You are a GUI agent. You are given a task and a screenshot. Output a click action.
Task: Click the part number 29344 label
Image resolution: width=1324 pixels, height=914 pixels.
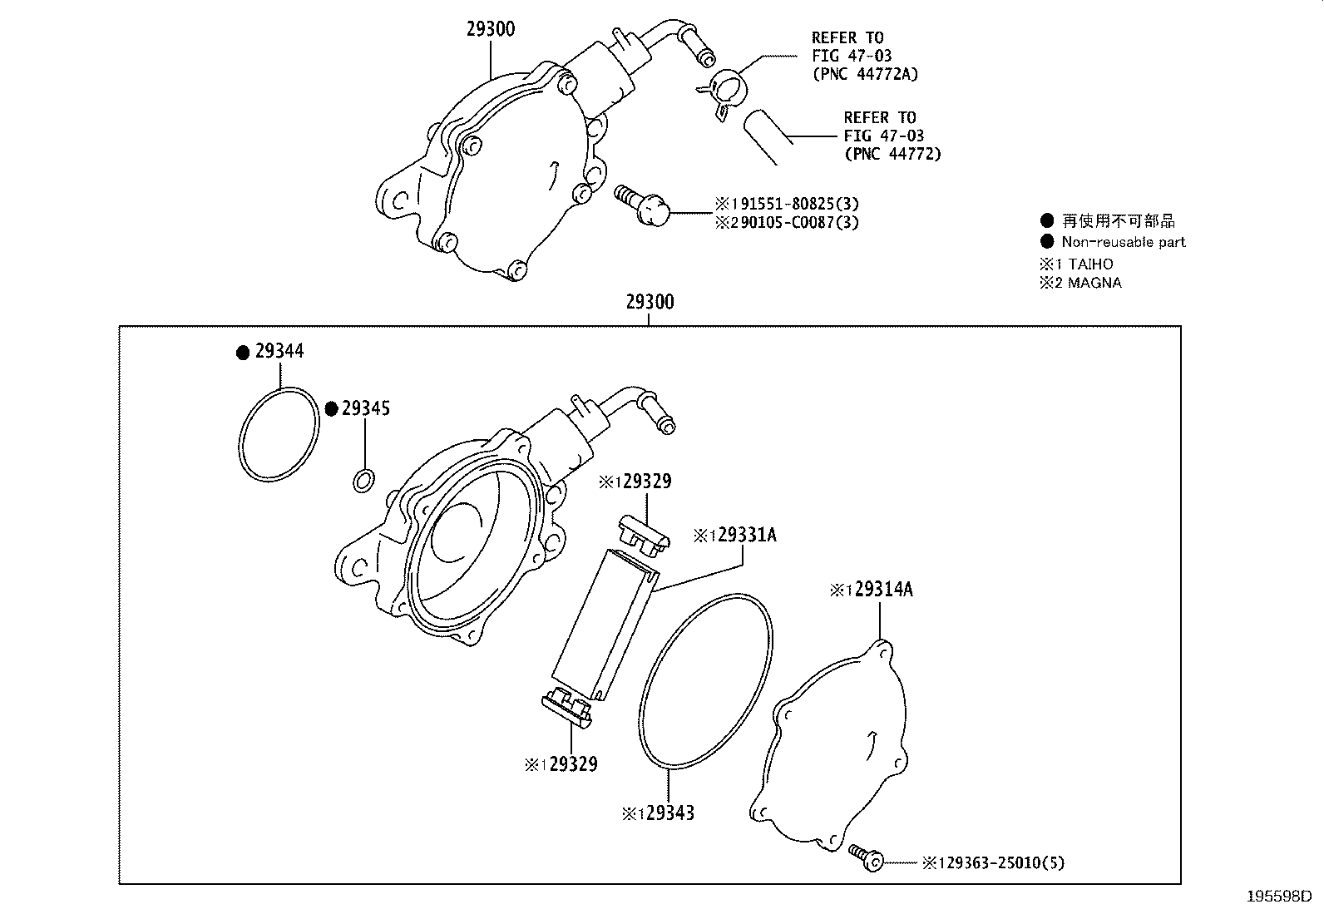[x=279, y=351]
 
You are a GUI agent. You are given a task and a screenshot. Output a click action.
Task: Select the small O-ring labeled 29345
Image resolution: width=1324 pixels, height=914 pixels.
[x=363, y=480]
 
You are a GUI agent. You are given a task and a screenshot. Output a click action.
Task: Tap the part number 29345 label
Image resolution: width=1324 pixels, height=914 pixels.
[x=366, y=408]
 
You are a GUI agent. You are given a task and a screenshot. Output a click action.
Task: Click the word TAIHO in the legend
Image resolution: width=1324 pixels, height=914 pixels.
[x=1090, y=264]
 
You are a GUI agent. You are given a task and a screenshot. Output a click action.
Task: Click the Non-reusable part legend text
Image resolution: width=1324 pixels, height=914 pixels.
[x=1123, y=242]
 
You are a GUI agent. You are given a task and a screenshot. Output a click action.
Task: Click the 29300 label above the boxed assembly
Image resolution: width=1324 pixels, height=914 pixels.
[x=650, y=302]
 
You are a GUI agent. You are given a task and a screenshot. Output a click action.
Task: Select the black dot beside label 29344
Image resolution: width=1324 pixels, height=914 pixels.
[x=242, y=353]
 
